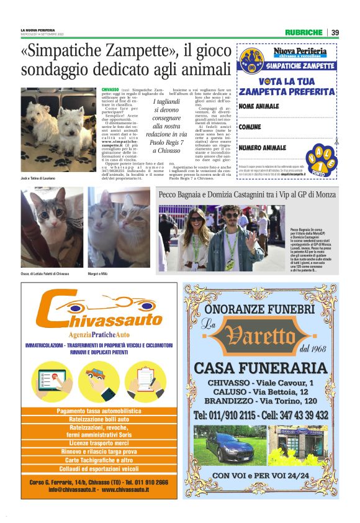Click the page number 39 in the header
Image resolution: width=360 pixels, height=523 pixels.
click(335, 32)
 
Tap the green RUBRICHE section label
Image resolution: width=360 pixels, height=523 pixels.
click(304, 32)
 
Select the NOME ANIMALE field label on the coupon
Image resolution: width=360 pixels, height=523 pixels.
click(259, 107)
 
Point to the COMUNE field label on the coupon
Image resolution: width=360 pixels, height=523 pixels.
click(251, 127)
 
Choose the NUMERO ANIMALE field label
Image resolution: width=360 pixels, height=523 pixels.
click(263, 148)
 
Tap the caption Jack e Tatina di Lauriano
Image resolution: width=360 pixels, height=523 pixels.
click(38, 178)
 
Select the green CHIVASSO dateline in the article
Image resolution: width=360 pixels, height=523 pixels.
click(110, 90)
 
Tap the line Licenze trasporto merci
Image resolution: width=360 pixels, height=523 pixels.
click(100, 443)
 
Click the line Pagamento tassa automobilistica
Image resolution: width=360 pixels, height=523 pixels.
click(100, 411)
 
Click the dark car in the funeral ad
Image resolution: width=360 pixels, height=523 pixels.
click(227, 445)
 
